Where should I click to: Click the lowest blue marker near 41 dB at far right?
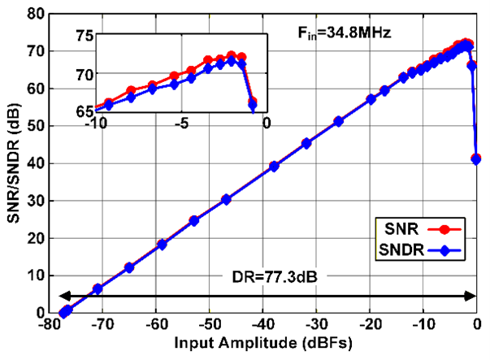[476, 159]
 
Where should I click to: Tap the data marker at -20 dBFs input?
[371, 99]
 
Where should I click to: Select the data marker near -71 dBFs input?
[98, 288]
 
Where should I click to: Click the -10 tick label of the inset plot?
[96, 124]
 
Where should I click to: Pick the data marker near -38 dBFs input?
[274, 166]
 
